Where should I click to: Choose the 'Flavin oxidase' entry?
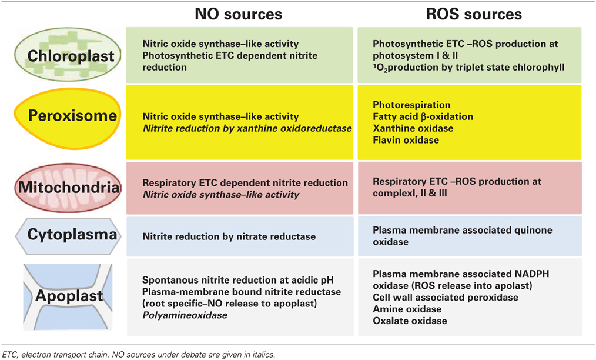[406, 140]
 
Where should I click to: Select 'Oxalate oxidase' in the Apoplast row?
[410, 321]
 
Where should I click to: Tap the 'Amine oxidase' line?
[407, 309]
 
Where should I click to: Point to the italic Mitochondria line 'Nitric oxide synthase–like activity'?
[220, 194]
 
